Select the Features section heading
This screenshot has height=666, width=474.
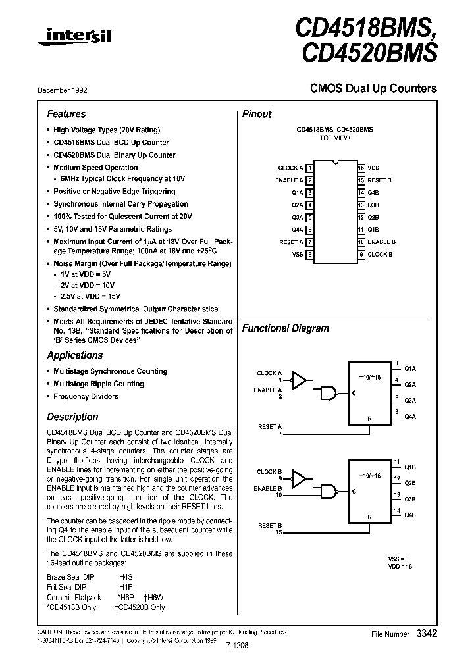pos(66,114)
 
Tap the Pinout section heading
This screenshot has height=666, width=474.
pos(257,114)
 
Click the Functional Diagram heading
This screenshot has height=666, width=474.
pos(285,328)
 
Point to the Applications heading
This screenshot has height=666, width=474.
pos(74,355)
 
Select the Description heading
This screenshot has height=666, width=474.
pos(72,417)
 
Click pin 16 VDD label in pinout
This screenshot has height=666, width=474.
pos(373,168)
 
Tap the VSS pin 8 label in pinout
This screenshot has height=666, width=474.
pos(297,254)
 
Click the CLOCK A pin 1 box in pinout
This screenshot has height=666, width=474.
pos(309,168)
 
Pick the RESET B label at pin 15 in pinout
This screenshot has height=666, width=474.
pos(379,180)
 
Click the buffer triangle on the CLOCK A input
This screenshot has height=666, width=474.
pos(300,380)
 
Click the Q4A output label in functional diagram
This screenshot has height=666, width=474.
pos(409,417)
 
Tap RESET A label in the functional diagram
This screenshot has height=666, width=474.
pos(270,427)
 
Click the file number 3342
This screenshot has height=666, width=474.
pos(426,633)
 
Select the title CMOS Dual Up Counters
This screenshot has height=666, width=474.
pos(373,88)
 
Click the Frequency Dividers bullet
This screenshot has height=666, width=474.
pos(86,396)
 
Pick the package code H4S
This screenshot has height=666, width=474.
pos(125,576)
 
